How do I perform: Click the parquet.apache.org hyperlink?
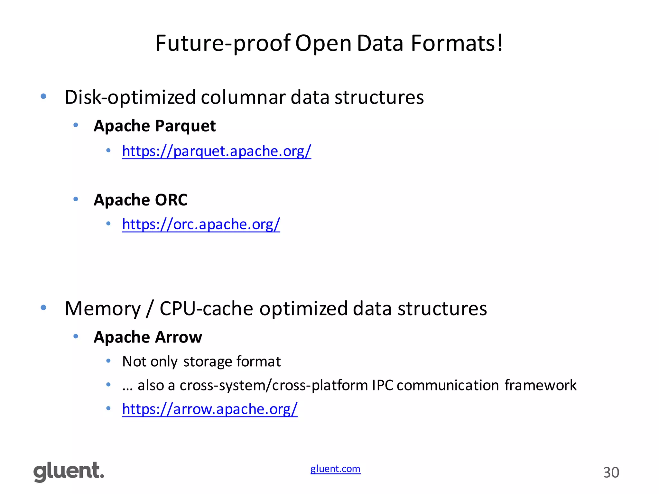(x=217, y=151)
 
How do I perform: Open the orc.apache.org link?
(x=201, y=224)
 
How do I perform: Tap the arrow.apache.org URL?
(x=210, y=409)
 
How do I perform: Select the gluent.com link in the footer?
(x=335, y=469)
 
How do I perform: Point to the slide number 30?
(x=611, y=472)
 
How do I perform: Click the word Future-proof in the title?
(x=223, y=43)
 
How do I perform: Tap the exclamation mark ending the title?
(x=499, y=43)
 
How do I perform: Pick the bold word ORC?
(x=171, y=200)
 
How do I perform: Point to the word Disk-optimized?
(x=130, y=97)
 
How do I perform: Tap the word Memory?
(x=103, y=309)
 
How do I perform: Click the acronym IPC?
(x=383, y=385)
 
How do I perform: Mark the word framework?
(x=541, y=385)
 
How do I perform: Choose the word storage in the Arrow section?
(x=208, y=361)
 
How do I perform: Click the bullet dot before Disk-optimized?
(x=43, y=96)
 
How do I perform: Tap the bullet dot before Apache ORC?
(x=76, y=199)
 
